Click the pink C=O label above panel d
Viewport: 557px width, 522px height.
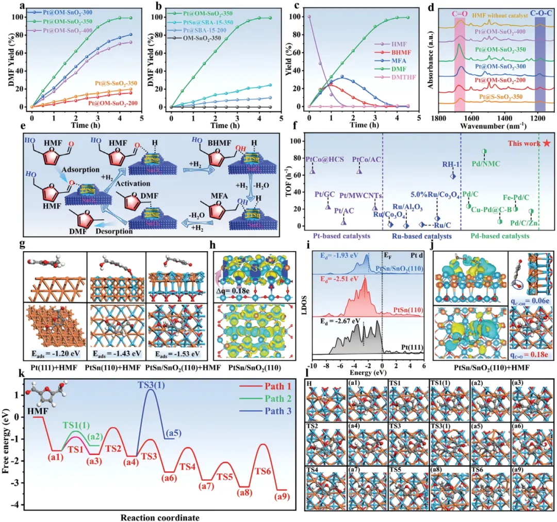click(458, 9)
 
